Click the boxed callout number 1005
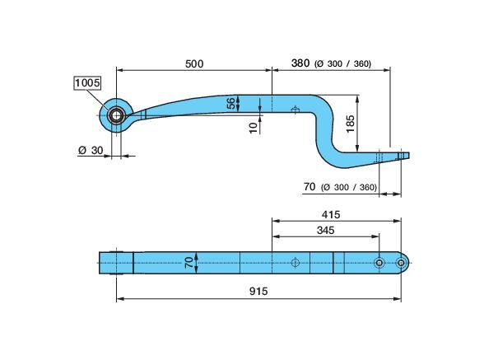click(x=87, y=83)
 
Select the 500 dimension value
click(x=194, y=64)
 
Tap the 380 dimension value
click(x=300, y=63)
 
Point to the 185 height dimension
click(x=351, y=124)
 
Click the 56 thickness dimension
click(x=230, y=103)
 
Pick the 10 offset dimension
click(x=254, y=128)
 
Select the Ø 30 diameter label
click(x=91, y=151)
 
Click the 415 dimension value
click(x=331, y=214)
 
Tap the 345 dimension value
click(x=325, y=230)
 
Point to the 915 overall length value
click(x=258, y=291)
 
